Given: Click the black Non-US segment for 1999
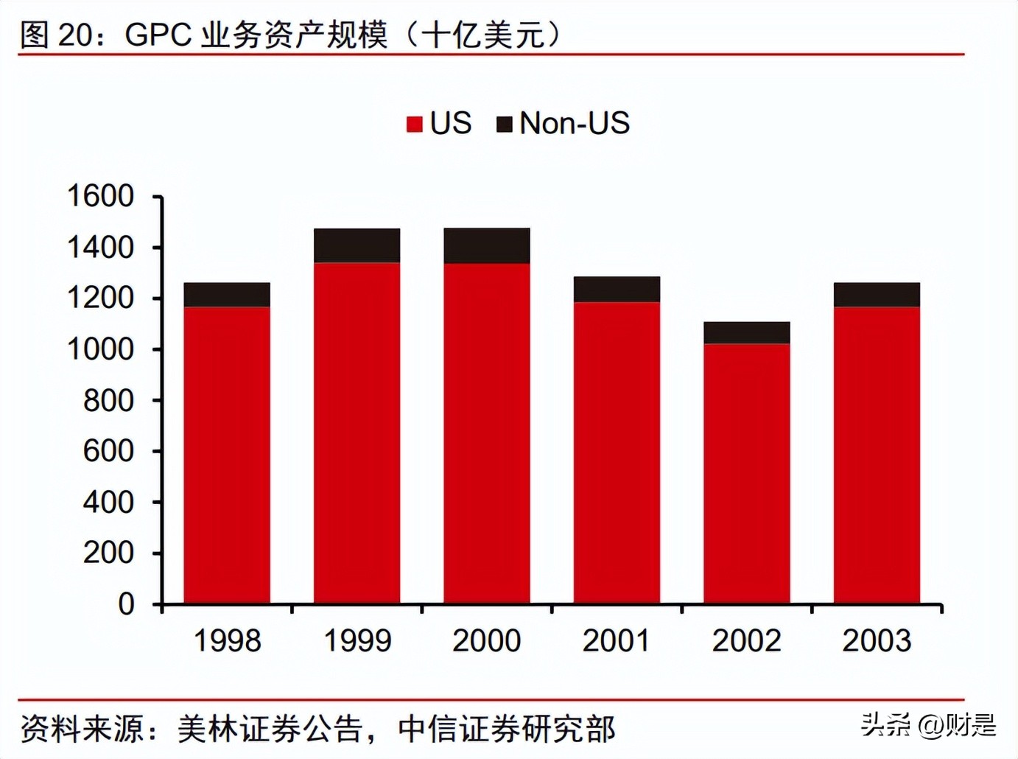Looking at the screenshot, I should (x=357, y=245).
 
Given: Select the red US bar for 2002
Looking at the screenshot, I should (x=746, y=473).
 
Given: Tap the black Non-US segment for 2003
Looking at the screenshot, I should (x=877, y=295).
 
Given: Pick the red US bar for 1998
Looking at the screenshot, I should (x=227, y=455).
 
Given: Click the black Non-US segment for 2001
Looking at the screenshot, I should (x=617, y=289).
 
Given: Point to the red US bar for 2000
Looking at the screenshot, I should (x=487, y=433).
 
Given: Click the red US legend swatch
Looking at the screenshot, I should (x=415, y=124).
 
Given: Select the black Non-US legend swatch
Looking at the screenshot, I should (x=505, y=124).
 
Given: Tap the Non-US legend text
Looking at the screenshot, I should (x=575, y=123).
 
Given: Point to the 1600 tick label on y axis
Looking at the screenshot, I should (x=101, y=196).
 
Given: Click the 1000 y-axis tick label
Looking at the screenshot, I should (x=101, y=349).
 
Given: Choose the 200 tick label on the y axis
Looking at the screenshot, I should (x=108, y=553).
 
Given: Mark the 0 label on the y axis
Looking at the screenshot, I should (x=126, y=604).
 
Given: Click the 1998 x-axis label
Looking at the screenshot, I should (x=227, y=640).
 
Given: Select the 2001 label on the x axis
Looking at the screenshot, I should (x=617, y=640).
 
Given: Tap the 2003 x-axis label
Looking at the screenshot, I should (x=877, y=640).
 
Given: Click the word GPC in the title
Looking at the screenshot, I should (x=158, y=35).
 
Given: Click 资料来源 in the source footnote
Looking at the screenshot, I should (x=82, y=729).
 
